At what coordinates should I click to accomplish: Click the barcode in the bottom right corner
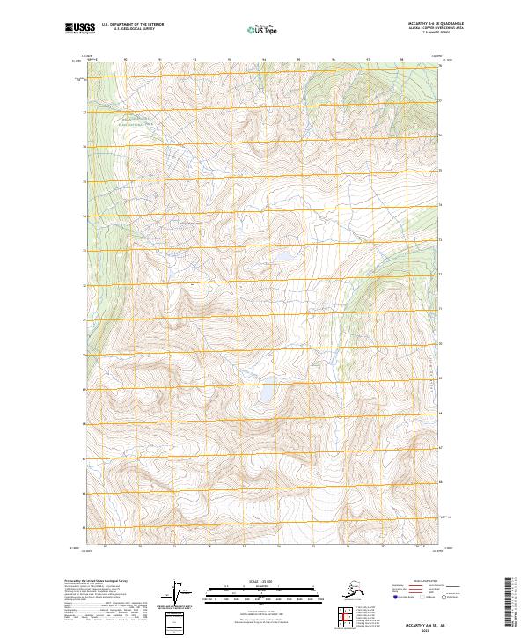pos(515,603)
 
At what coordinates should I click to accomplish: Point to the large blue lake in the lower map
pos(263,395)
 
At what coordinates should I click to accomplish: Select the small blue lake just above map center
pos(286,258)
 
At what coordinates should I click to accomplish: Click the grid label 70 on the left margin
pos(84,355)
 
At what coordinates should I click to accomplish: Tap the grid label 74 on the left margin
pos(84,216)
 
